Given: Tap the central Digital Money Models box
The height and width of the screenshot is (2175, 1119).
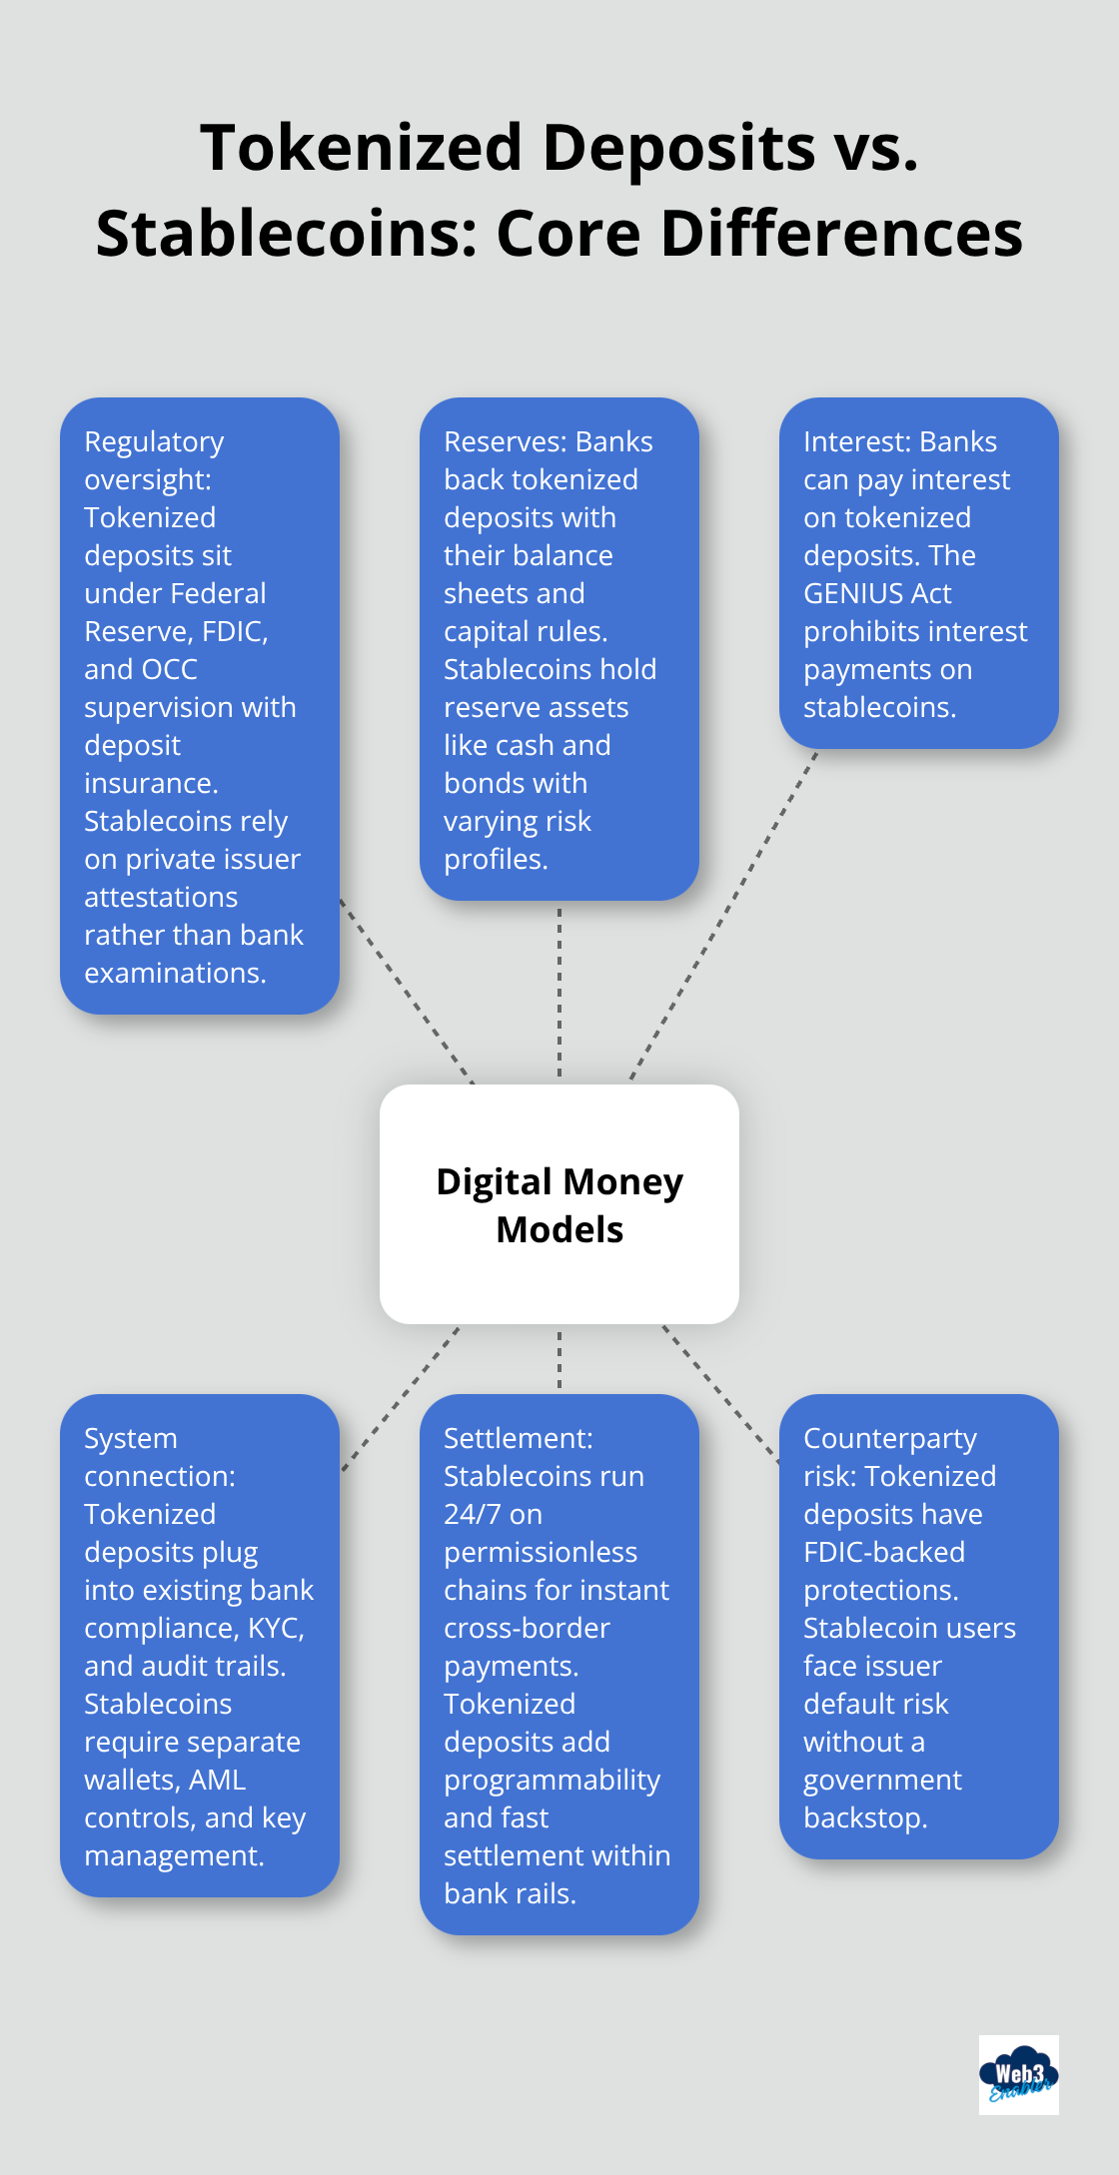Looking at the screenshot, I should (x=559, y=1203).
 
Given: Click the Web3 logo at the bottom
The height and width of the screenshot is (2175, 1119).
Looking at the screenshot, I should (x=1018, y=2074).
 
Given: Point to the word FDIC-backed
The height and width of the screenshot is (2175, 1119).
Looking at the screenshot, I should (x=884, y=1552).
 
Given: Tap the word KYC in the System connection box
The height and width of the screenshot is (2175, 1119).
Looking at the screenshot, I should (x=276, y=1628).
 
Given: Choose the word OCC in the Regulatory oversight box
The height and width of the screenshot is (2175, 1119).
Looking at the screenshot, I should (x=169, y=669).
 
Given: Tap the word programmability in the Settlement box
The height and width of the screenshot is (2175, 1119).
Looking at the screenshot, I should (x=552, y=1780).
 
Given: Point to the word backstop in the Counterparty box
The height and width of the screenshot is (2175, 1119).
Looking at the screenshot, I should (x=865, y=1817).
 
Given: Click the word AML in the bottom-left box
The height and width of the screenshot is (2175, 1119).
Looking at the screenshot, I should (x=217, y=1780).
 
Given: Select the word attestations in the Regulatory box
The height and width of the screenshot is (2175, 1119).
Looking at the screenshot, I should (x=161, y=897).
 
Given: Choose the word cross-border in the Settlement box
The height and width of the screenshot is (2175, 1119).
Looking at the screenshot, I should (x=527, y=1628).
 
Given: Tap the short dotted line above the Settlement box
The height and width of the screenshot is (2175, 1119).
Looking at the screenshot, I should (x=559, y=1358).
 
